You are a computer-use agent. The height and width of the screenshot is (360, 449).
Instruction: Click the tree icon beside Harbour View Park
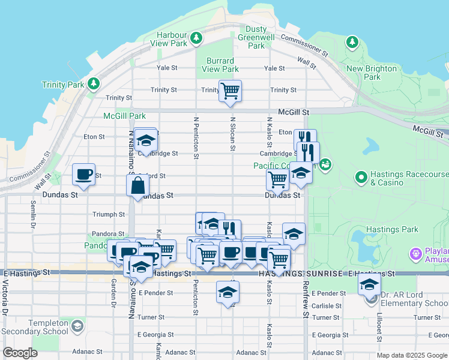pos(196,39)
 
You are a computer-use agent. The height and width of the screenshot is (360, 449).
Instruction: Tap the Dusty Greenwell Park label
pos(256,37)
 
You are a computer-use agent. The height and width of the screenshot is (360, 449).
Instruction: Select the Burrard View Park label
pos(221,65)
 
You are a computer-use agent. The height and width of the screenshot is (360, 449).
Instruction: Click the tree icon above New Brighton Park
pos(352,42)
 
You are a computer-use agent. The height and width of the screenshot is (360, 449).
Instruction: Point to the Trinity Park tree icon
pos(93,83)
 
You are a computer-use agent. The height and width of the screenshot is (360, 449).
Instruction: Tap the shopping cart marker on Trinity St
pos(230,91)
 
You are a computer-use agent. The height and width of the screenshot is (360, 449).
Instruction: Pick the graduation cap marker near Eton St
pos(145,140)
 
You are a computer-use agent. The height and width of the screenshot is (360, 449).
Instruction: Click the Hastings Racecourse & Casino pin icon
pos(361,177)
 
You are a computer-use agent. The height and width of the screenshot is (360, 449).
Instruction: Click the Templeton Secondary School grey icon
pos(77,326)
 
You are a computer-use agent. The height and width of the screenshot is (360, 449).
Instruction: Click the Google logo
pos(20,353)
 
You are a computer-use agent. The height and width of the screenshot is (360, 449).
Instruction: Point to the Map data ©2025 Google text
pos(412,355)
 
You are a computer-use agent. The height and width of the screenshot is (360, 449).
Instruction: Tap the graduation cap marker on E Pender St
pos(228,292)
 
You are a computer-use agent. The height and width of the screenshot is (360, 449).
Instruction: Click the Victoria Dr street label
pos(4,301)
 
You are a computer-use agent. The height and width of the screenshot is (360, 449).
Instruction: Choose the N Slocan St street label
pos(232,134)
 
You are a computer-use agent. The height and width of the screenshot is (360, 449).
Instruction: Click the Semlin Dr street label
pos(32,215)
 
